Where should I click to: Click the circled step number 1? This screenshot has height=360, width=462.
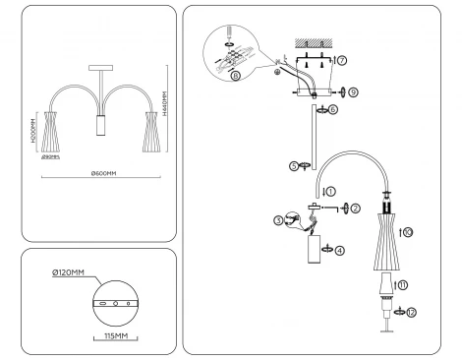[330, 190]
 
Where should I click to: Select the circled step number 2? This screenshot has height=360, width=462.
[356, 209]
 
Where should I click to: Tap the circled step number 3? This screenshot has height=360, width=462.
[278, 220]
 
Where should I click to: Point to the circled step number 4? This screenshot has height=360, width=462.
[340, 250]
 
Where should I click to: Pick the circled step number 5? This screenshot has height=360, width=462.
[294, 166]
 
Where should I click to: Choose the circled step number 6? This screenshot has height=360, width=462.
[333, 109]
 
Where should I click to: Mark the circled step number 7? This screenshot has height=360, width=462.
[342, 60]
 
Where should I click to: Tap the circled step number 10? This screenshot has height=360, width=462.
[408, 232]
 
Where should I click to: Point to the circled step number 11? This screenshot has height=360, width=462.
[402, 284]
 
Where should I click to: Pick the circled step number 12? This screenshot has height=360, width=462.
[411, 311]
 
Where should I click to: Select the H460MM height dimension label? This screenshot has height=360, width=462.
[165, 104]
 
